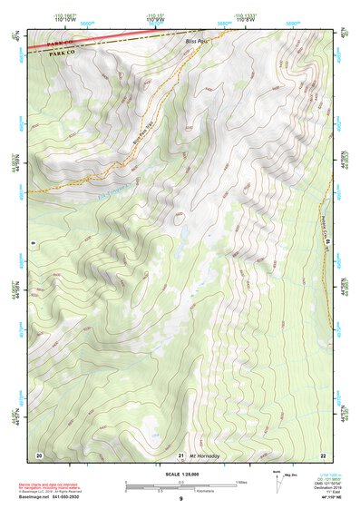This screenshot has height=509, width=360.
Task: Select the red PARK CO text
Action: [x=61, y=43]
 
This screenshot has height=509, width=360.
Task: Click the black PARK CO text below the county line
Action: [x=61, y=54]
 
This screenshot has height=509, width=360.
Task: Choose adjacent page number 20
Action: [x=39, y=454]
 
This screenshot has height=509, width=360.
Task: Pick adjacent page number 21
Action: [x=181, y=454]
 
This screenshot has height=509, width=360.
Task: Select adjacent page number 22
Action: [x=322, y=454]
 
